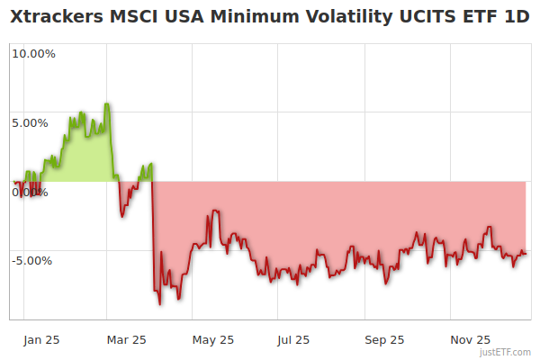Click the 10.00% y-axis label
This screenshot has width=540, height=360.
[x=33, y=53]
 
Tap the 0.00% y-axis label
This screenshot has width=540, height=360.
[x=31, y=192]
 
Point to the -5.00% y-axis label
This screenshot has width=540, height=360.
[x=33, y=261]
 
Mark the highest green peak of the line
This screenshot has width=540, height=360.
[x=107, y=103]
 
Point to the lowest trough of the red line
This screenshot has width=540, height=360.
[x=160, y=304]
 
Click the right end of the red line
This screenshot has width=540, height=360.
[x=526, y=253]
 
